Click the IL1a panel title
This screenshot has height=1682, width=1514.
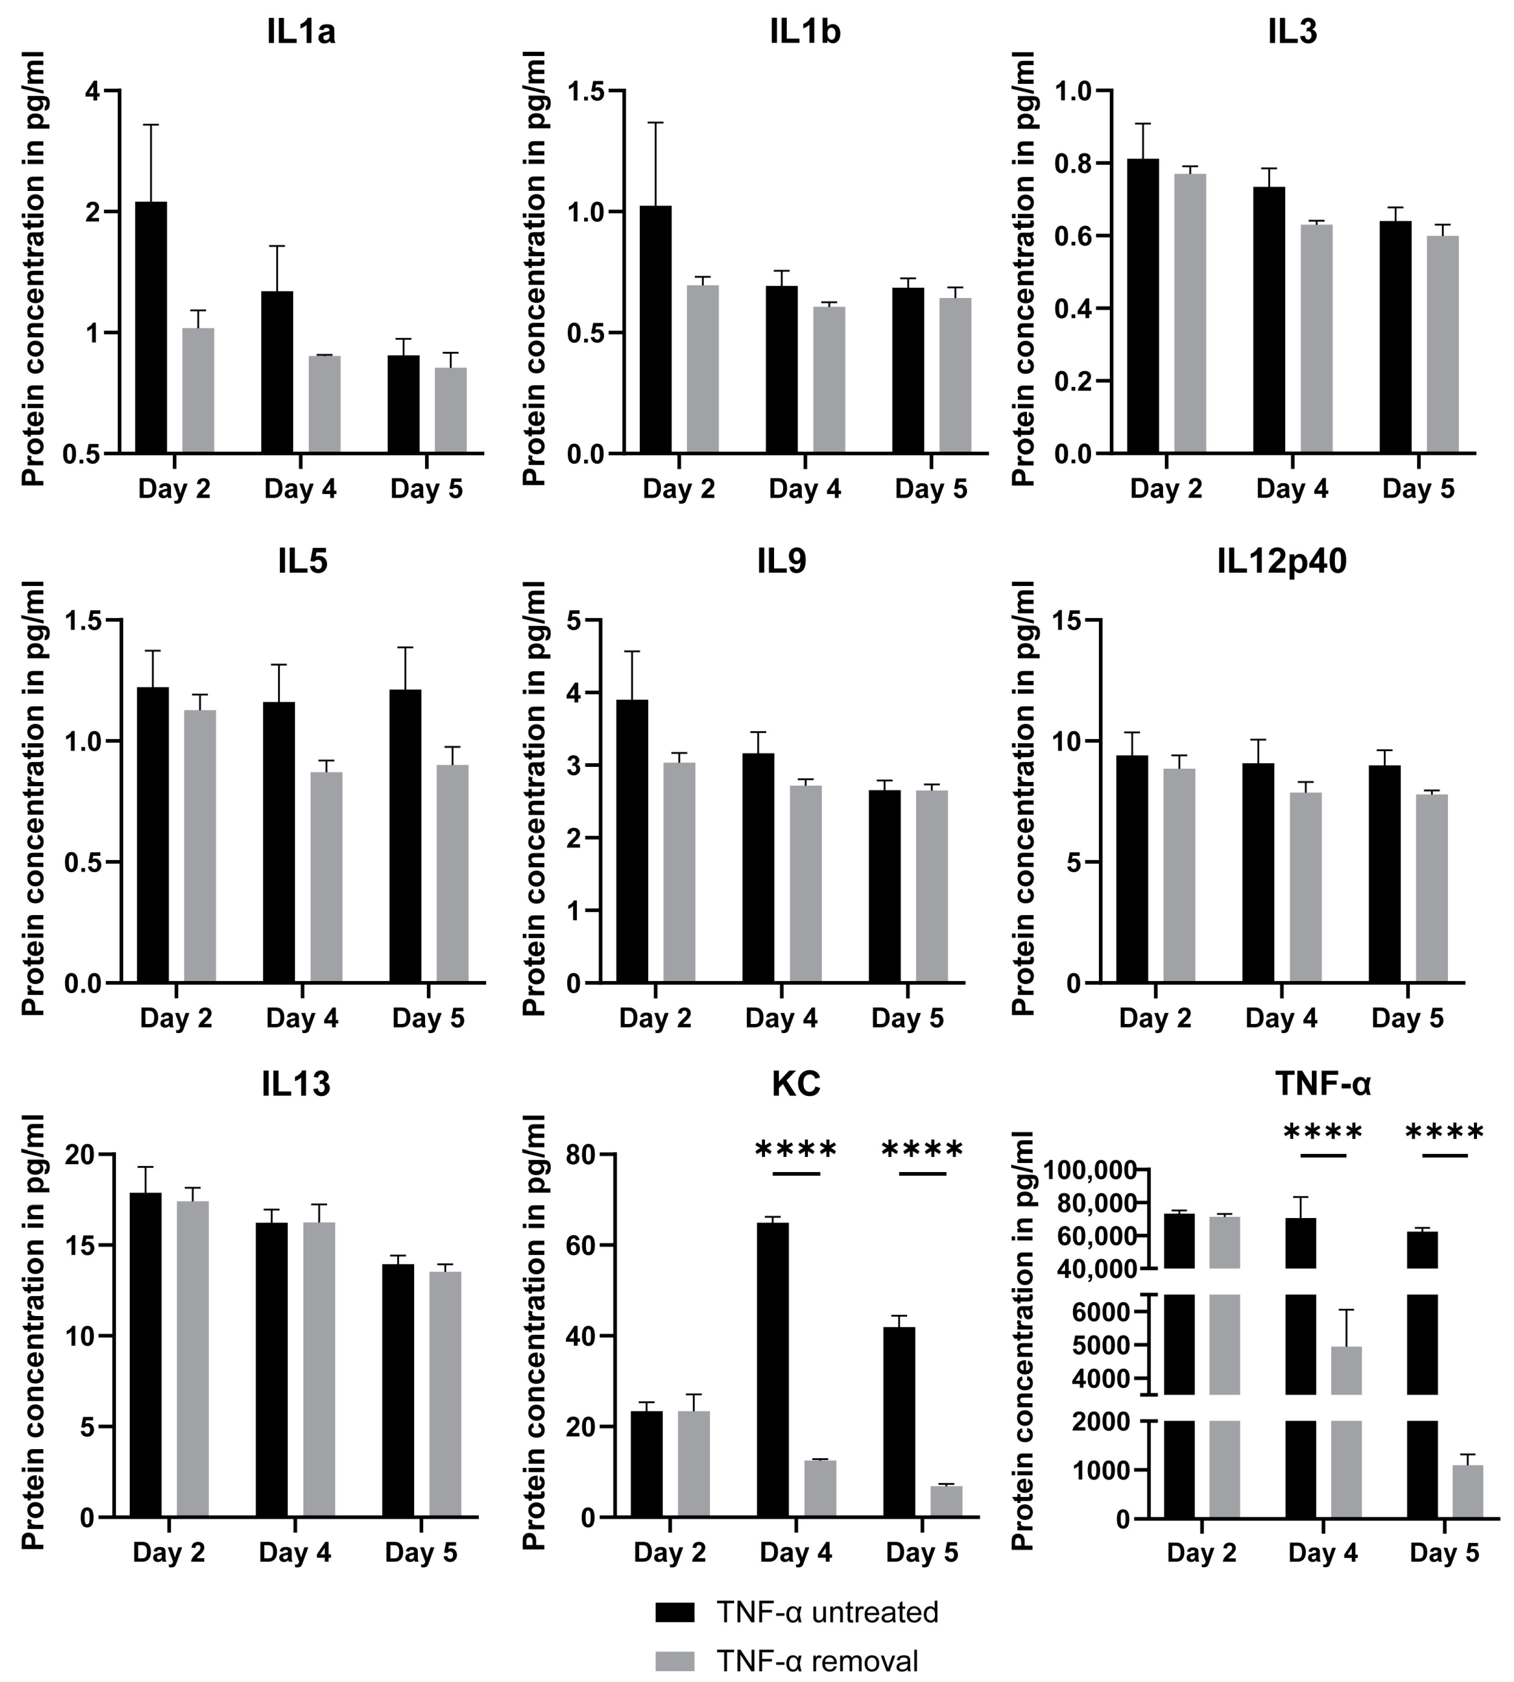point(301,31)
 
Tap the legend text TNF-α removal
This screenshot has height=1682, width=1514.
point(817,1661)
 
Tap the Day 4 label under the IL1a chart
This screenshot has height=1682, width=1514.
point(300,489)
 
